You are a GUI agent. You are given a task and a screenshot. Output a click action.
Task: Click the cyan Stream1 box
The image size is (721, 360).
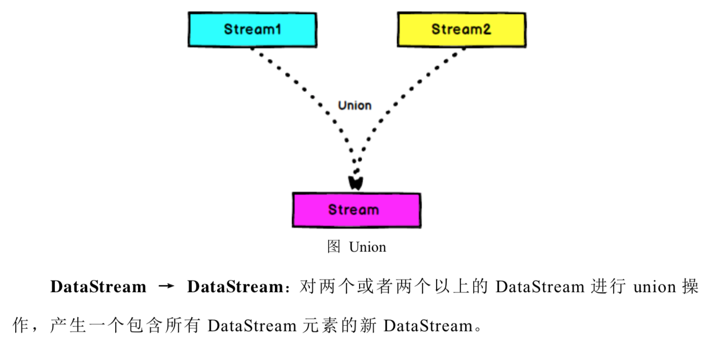coord(252,30)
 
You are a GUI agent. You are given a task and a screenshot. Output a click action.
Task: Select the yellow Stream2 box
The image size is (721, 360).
coord(461,30)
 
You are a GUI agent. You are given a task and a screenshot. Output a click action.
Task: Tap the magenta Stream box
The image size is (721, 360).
coord(356,210)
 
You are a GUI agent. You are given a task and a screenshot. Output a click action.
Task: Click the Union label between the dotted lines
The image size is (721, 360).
coord(354,105)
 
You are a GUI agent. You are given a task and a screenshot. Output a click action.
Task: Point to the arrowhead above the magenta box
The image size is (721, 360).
coord(355,182)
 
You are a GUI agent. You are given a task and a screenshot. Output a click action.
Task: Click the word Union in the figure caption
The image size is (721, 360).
coord(368,247)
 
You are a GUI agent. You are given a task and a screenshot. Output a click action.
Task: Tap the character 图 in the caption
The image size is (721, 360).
coord(334,247)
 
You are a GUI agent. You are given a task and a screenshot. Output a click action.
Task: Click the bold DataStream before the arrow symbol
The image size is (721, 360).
coord(98,287)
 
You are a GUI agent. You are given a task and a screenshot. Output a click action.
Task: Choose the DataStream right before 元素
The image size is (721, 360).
coord(252,326)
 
